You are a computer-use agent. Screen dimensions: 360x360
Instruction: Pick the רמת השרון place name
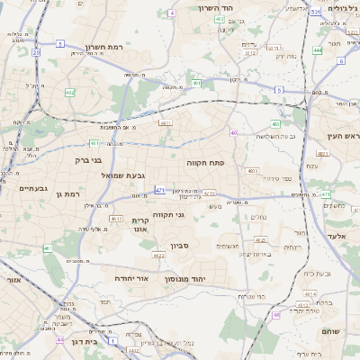click(103, 47)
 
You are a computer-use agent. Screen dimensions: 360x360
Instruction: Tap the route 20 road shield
click(36, 53)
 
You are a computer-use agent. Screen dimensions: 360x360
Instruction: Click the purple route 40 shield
click(233, 132)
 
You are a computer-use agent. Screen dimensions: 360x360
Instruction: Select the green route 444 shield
click(318, 51)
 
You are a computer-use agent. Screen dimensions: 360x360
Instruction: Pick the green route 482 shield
click(70, 93)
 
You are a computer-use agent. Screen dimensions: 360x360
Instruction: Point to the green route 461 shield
click(48, 247)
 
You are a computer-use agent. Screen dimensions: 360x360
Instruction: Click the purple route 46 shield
click(276, 315)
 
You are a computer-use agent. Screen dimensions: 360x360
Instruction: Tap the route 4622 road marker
click(158, 256)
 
